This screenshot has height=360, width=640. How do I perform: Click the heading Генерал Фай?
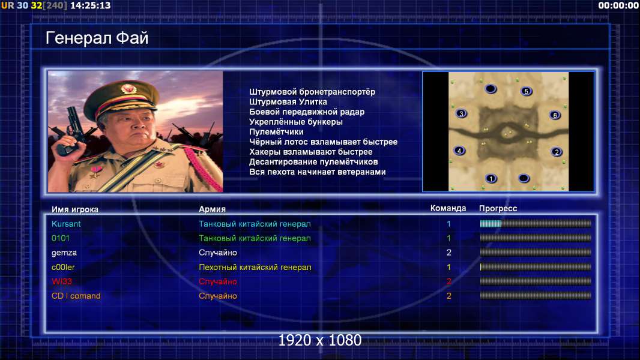pos(97,38)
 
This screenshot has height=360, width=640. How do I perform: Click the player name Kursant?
pos(66,224)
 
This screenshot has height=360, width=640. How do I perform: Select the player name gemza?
pos(64,253)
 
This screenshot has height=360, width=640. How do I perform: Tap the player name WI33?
pos(62,281)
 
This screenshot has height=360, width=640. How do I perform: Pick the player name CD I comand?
pos(76,296)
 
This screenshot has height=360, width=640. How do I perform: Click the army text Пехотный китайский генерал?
pos(255,268)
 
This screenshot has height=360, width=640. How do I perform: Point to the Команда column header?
pos(448,208)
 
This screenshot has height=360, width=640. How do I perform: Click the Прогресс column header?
pos(498,209)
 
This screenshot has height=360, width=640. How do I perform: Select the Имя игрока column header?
pos(74,209)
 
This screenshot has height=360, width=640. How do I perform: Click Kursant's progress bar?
pos(536,223)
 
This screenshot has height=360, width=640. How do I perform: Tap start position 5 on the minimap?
pos(527,91)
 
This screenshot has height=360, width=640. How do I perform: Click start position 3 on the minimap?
pos(461,113)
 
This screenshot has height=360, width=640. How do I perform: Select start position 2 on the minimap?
pos(557,152)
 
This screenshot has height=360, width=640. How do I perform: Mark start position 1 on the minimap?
pos(491,178)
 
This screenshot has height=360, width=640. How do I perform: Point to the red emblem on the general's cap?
pos(128,89)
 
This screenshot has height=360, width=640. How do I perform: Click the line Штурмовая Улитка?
pos(288,102)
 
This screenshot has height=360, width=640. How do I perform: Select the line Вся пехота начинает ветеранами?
pos(318,172)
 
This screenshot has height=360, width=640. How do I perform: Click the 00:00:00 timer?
pos(618,5)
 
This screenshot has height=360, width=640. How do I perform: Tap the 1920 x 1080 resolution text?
pos(320,340)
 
